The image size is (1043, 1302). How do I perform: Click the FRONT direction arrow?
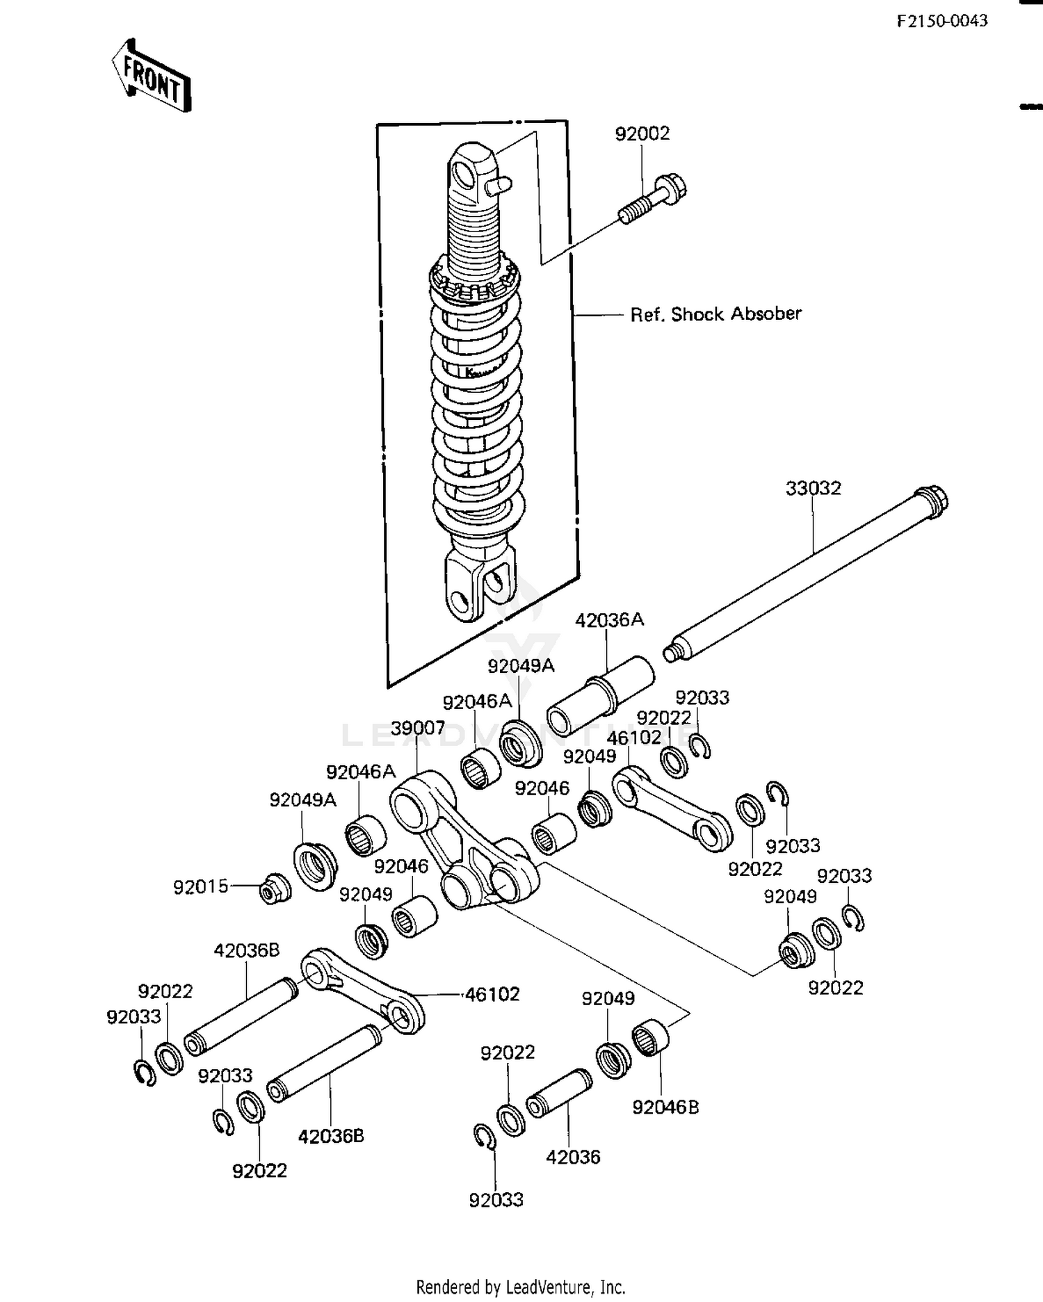click(152, 76)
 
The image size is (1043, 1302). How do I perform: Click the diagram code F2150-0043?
click(941, 21)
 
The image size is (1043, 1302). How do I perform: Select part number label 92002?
click(642, 133)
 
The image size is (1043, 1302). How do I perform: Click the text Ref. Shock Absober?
click(715, 314)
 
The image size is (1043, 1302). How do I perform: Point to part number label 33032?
click(813, 488)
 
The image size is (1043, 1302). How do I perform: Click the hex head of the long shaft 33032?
click(932, 501)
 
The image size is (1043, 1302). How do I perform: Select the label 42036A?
click(609, 620)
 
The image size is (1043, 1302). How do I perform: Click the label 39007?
click(417, 728)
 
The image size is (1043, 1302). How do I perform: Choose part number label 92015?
click(200, 887)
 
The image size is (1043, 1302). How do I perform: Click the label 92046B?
click(665, 1107)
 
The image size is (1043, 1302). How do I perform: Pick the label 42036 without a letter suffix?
click(573, 1157)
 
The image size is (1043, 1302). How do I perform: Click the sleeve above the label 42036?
click(559, 1093)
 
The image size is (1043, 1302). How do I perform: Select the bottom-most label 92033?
click(496, 1200)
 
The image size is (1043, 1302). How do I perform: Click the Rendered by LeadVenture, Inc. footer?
click(521, 1287)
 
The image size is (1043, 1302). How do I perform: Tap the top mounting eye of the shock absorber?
click(469, 171)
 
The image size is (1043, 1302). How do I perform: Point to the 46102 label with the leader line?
click(492, 994)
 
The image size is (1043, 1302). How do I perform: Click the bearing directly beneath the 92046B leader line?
click(650, 1038)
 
